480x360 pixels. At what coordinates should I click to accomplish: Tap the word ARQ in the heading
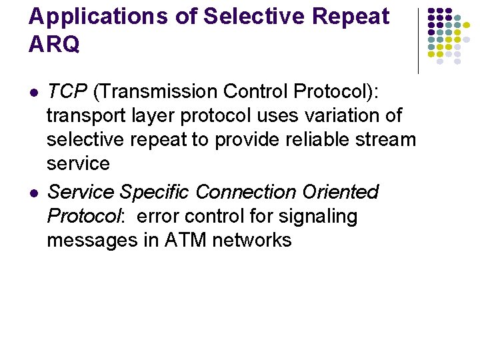(54, 44)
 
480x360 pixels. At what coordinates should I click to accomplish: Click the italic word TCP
(64, 91)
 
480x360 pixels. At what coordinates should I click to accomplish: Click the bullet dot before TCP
(34, 92)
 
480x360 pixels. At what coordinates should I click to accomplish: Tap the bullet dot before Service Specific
(34, 193)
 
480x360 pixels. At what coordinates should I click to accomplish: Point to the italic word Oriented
(340, 192)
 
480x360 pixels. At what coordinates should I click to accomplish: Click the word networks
(252, 240)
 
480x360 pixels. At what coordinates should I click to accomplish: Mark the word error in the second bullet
(155, 216)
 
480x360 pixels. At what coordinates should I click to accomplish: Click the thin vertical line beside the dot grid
(418, 40)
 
